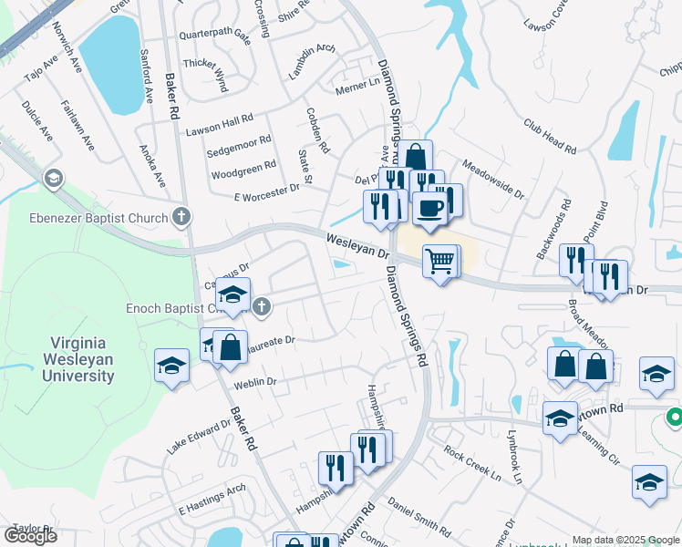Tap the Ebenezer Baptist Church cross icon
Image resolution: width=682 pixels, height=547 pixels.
coord(182,217)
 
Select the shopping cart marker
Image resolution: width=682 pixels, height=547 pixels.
coord(441,262)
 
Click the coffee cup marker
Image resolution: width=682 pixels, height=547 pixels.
coord(431,208)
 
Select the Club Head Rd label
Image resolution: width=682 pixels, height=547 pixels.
coord(550,136)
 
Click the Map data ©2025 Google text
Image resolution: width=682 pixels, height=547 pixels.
coord(625,540)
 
